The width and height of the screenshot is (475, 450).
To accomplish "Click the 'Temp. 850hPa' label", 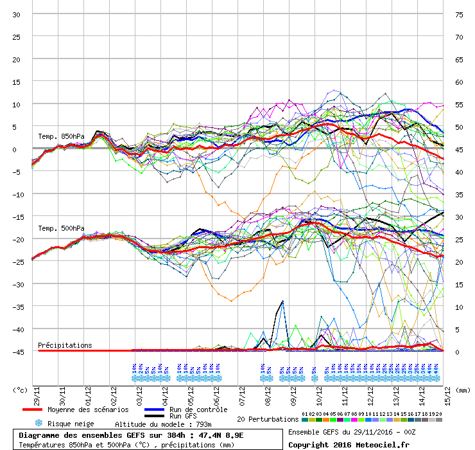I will pyautogui.click(x=61, y=136).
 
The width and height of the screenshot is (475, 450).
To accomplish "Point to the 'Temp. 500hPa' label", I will pyautogui.click(x=61, y=228).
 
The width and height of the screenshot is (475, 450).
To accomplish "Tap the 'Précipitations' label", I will pyautogui.click(x=65, y=345).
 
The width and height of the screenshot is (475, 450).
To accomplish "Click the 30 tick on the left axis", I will pyautogui.click(x=17, y=14).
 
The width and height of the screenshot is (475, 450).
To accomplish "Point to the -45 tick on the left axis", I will pyautogui.click(x=15, y=352).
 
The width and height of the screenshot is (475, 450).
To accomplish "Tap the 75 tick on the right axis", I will pyautogui.click(x=458, y=14).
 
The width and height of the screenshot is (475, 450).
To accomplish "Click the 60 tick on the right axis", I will pyautogui.click(x=458, y=82).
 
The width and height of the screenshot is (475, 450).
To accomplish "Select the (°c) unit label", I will pyautogui.click(x=21, y=390).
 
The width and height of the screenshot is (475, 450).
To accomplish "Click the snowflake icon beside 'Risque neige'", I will pyautogui.click(x=39, y=424).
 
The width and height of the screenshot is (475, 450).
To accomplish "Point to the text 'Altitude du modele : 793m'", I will pyautogui.click(x=163, y=424).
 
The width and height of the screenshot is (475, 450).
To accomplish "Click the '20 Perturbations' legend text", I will pyautogui.click(x=268, y=419).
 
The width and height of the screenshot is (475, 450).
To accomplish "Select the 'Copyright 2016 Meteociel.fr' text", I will pyautogui.click(x=349, y=444).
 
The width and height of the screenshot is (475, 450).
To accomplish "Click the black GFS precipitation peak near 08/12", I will pyautogui.click(x=282, y=301).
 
